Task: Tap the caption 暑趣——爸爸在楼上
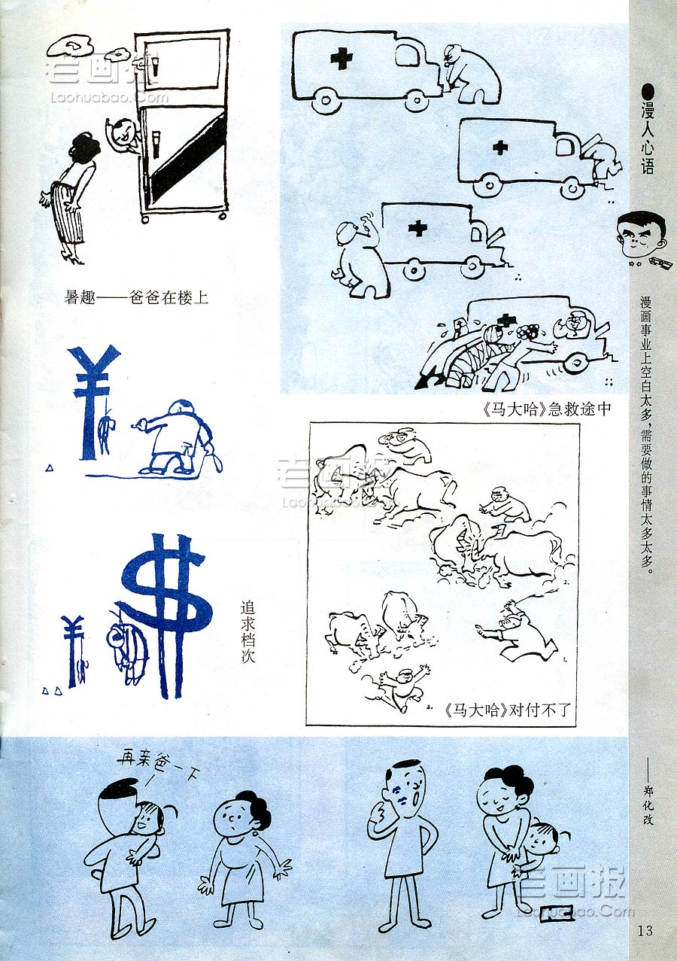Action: pos(136,297)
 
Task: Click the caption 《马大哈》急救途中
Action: pos(547,409)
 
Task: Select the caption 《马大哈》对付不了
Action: pos(507,710)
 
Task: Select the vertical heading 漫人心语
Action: pos(648,137)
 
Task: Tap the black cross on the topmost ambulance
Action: pos(342,59)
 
